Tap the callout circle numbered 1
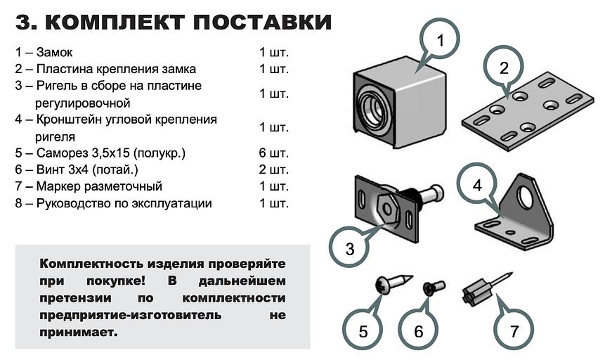pyautogui.click(x=439, y=41)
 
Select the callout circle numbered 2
pyautogui.click(x=503, y=68)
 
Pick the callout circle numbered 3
pyautogui.click(x=350, y=247)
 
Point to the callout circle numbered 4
pyautogui.click(x=477, y=186)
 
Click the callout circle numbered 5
pyautogui.click(x=363, y=330)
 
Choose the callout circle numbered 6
pyautogui.click(x=418, y=330)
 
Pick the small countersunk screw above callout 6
pyautogui.click(x=431, y=288)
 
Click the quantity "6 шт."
pyautogui.click(x=274, y=153)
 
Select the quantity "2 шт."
pyautogui.click(x=274, y=169)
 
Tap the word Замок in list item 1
pyautogui.click(x=57, y=52)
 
